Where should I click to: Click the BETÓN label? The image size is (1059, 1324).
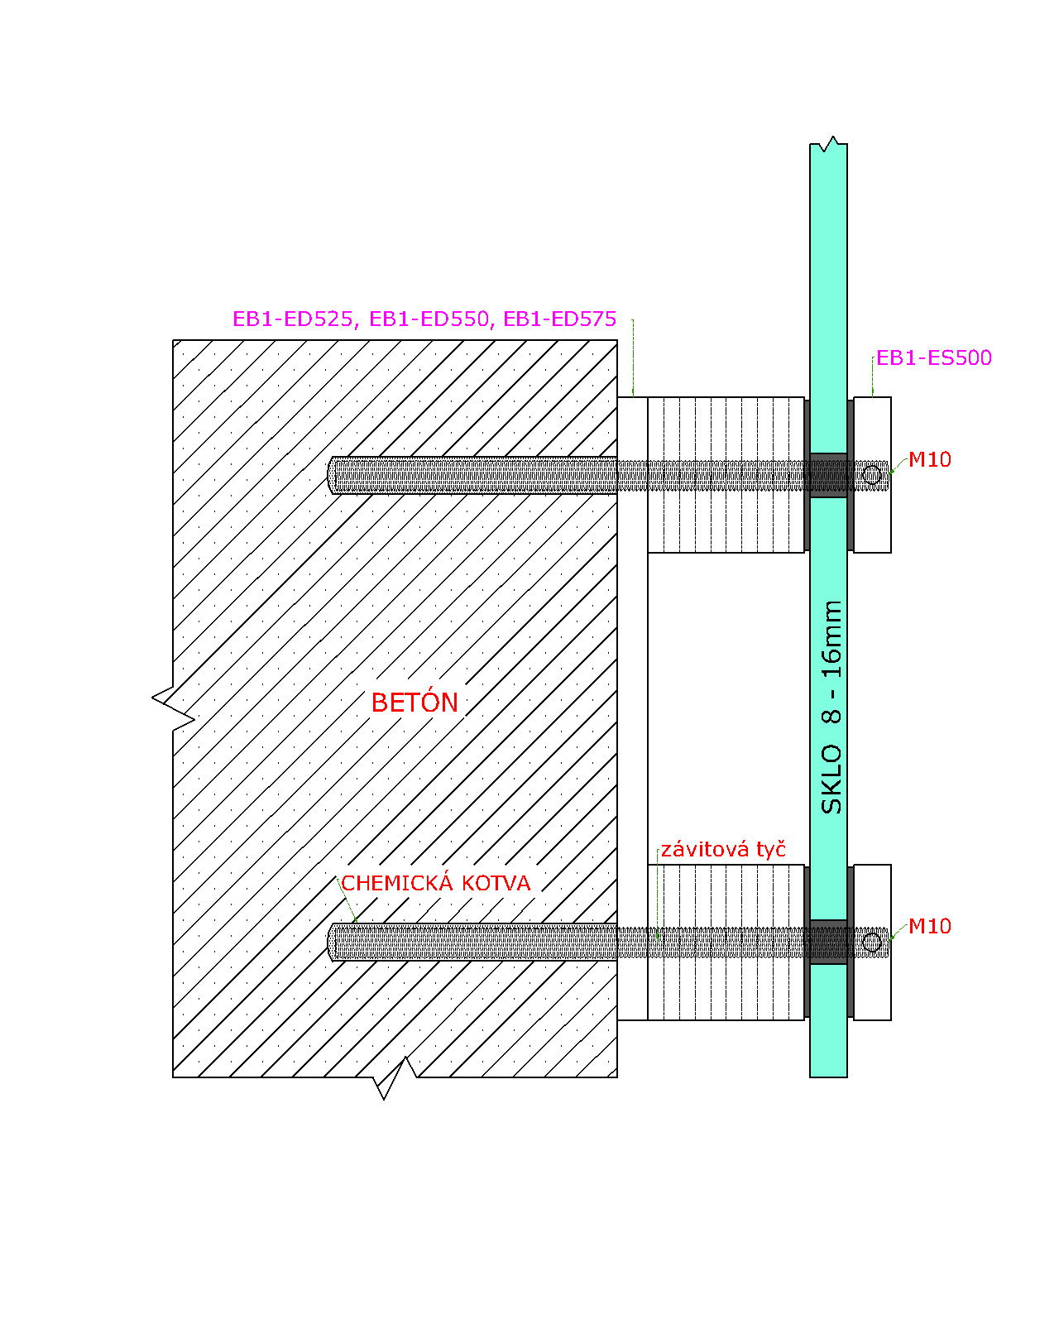click(414, 703)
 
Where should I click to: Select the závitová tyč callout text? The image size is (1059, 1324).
click(723, 850)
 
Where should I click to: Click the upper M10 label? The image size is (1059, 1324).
click(929, 459)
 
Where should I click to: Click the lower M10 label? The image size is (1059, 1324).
click(929, 927)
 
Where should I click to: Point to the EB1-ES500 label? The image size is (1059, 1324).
click(933, 357)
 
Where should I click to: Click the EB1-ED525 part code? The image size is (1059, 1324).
click(292, 319)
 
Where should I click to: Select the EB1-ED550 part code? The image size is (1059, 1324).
click(429, 319)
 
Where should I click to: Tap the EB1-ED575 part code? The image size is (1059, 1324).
click(560, 319)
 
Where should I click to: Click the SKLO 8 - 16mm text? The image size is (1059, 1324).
click(831, 708)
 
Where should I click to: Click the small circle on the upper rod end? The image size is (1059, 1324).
click(871, 475)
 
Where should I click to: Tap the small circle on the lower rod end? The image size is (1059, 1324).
click(871, 942)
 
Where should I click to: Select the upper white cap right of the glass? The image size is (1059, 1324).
click(872, 474)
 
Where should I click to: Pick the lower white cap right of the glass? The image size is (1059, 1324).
click(872, 942)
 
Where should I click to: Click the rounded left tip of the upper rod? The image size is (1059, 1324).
click(330, 475)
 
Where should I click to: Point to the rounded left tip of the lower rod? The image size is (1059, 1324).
click(330, 942)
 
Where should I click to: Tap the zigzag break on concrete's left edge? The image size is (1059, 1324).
click(174, 709)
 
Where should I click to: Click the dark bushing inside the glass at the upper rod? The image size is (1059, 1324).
click(828, 475)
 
